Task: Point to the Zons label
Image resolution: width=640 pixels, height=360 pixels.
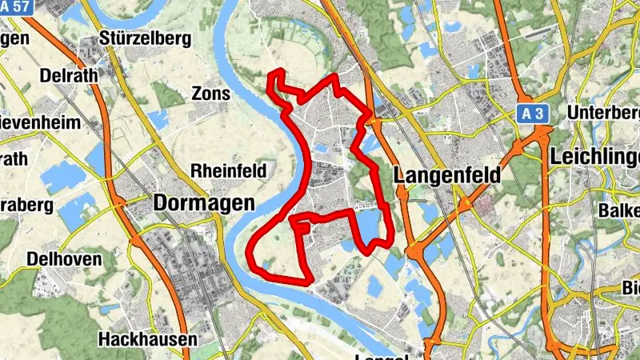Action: click(210, 94)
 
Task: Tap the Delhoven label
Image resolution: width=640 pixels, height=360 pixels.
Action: click(64, 259)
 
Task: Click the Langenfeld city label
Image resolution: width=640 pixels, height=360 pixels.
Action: click(448, 174)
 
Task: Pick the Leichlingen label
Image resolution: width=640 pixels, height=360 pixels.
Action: click(595, 157)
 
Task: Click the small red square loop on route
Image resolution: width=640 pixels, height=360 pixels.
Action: click(302, 227)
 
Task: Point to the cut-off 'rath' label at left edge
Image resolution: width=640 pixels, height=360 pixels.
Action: click(14, 158)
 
